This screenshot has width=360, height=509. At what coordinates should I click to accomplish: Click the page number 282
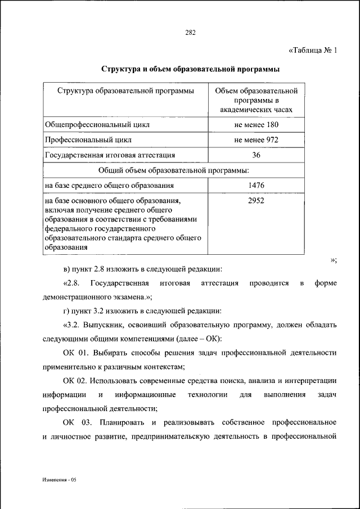[190, 32]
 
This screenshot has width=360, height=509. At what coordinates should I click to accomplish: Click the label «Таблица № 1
[312, 50]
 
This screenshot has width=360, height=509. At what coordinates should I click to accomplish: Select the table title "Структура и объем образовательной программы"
[190, 69]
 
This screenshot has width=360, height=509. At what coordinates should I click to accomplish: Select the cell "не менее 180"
[256, 124]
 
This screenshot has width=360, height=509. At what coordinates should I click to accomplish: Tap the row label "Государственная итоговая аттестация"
[110, 155]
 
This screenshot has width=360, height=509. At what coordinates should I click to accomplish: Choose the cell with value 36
[256, 155]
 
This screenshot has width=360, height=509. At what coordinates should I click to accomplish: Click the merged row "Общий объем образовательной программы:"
[174, 169]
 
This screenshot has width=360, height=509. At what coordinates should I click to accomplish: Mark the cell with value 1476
[256, 185]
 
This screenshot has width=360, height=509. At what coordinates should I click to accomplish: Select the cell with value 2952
[256, 200]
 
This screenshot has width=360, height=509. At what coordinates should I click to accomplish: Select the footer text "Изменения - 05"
[62, 481]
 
